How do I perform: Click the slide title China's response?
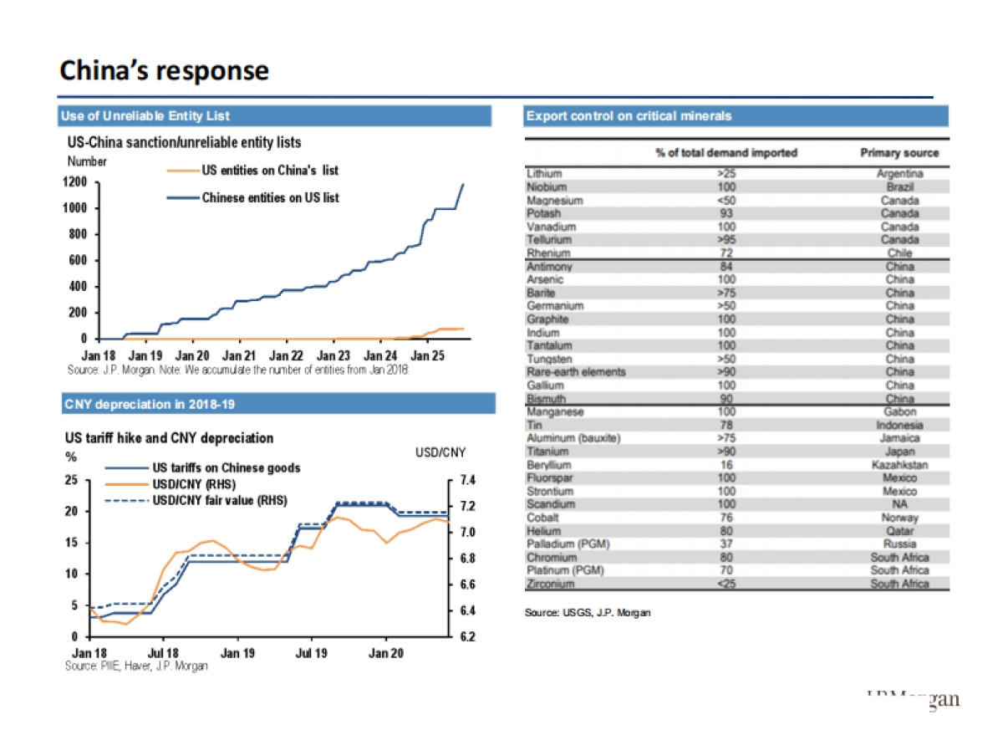pyautogui.click(x=164, y=70)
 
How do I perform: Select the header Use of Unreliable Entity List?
pyautogui.click(x=145, y=115)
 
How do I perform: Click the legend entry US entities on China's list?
pyautogui.click(x=269, y=171)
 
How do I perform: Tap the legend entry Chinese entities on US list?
pyautogui.click(x=270, y=198)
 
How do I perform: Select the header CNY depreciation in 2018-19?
pyautogui.click(x=150, y=405)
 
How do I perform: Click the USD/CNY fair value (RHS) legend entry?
pyautogui.click(x=219, y=500)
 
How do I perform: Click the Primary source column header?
pyautogui.click(x=899, y=153)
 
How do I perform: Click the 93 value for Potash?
pyautogui.click(x=726, y=213)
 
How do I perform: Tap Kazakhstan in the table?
pyautogui.click(x=899, y=464)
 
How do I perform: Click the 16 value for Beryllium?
pyautogui.click(x=726, y=464)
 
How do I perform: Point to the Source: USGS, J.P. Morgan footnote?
pyautogui.click(x=588, y=613)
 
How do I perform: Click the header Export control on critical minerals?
pyautogui.click(x=629, y=115)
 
